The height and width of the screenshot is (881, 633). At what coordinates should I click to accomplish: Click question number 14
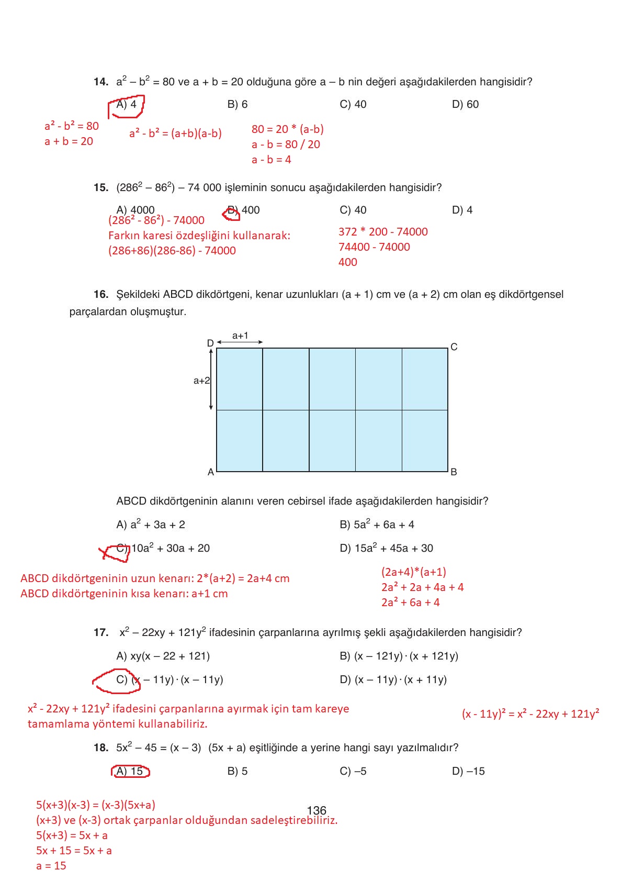101,82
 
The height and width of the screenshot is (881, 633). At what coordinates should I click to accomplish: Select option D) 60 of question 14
465,104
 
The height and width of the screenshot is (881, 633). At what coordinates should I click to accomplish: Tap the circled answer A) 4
127,104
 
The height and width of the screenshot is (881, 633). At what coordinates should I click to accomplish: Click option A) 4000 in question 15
135,210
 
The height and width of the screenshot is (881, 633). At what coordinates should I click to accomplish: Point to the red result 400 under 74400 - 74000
347,262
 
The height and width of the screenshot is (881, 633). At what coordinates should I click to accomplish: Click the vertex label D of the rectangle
210,343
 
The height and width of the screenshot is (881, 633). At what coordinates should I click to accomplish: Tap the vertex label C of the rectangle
454,347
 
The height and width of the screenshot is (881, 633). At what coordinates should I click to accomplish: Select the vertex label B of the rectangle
454,472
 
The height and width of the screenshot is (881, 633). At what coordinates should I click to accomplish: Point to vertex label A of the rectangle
211,472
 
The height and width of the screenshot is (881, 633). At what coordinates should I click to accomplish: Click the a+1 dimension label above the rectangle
240,336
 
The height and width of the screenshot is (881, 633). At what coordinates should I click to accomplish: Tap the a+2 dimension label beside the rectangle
201,381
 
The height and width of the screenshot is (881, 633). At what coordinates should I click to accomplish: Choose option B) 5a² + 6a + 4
377,525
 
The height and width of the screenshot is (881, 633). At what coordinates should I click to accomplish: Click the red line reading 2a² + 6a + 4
410,603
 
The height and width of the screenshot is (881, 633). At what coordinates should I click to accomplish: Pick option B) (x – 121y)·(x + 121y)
399,656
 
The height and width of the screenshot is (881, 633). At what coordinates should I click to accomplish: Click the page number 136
316,810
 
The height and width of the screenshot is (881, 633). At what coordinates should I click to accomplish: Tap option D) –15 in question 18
468,771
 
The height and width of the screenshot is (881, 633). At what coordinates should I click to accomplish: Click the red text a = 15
51,866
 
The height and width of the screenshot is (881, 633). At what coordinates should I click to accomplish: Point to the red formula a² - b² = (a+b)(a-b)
175,133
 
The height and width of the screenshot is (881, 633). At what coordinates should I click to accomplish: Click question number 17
101,632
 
